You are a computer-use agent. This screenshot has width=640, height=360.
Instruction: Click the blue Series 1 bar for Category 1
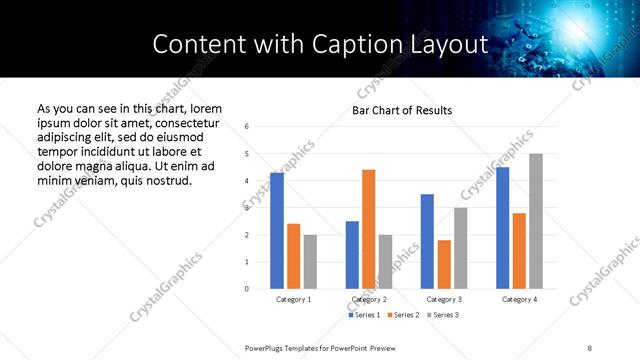pos(277,230)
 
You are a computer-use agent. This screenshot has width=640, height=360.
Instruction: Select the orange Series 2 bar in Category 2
pos(369,229)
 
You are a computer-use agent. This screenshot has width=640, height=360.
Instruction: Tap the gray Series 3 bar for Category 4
pos(536,221)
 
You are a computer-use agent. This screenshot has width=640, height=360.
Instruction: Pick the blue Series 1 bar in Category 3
pos(427,241)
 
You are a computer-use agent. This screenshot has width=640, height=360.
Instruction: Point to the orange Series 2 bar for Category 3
pos(444,264)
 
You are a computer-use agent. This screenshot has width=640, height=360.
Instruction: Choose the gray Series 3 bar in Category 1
pos(310,261)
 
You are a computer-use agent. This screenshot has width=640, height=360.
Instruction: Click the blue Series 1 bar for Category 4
pos(503,227)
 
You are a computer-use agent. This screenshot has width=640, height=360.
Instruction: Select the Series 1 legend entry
pos(364,315)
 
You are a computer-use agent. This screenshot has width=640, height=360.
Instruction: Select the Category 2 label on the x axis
pos(369,299)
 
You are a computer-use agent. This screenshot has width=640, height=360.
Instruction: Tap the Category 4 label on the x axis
pos(519,299)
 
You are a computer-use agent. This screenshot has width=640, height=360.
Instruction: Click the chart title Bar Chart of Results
pos(402,110)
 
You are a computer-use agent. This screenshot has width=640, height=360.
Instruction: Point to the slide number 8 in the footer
pos(590,347)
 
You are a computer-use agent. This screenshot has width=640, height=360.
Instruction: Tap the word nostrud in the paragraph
pos(165,180)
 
